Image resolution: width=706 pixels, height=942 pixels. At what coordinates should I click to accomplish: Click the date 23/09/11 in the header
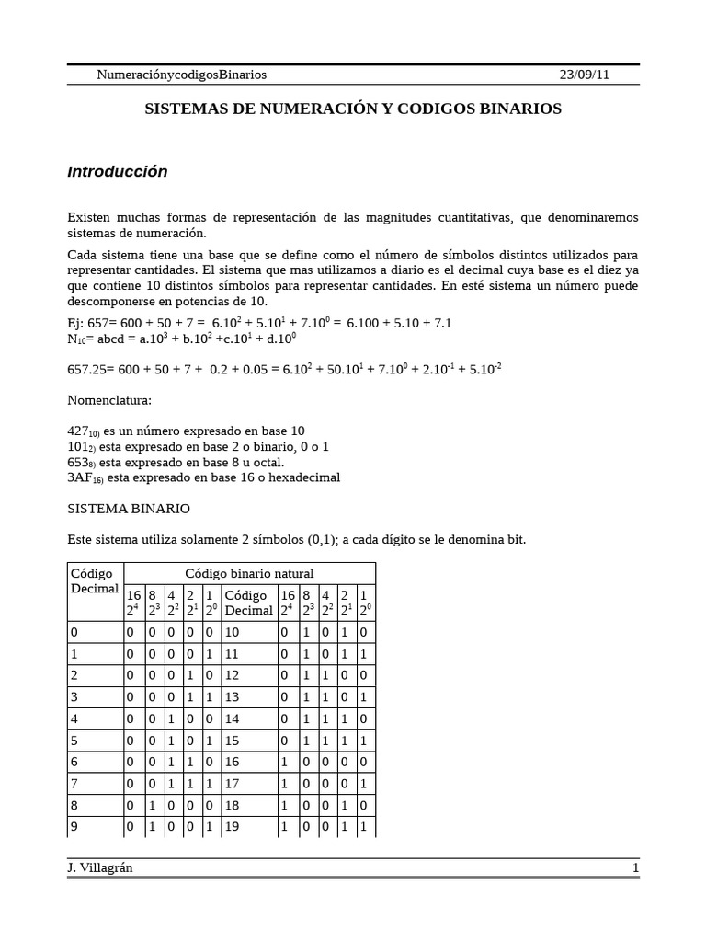click(584, 75)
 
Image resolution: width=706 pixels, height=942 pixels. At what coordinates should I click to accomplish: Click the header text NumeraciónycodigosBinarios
click(181, 75)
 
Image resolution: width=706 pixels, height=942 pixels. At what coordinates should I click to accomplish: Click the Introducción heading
click(118, 172)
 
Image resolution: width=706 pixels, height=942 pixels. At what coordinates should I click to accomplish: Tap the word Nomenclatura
click(110, 401)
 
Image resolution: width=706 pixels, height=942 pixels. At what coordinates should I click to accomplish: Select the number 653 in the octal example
click(80, 462)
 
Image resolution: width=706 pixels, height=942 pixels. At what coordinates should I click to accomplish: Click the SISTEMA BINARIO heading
click(129, 508)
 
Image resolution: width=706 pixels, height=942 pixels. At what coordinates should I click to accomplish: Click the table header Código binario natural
click(249, 573)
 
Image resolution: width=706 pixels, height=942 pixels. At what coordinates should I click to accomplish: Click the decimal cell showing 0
click(74, 632)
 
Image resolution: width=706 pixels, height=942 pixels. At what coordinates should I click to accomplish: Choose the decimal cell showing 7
click(74, 784)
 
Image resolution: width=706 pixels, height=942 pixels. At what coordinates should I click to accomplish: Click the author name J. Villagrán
click(100, 867)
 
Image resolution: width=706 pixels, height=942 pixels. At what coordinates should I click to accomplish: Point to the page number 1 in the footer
click(634, 867)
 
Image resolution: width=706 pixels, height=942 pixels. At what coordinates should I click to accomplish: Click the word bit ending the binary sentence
click(516, 539)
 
